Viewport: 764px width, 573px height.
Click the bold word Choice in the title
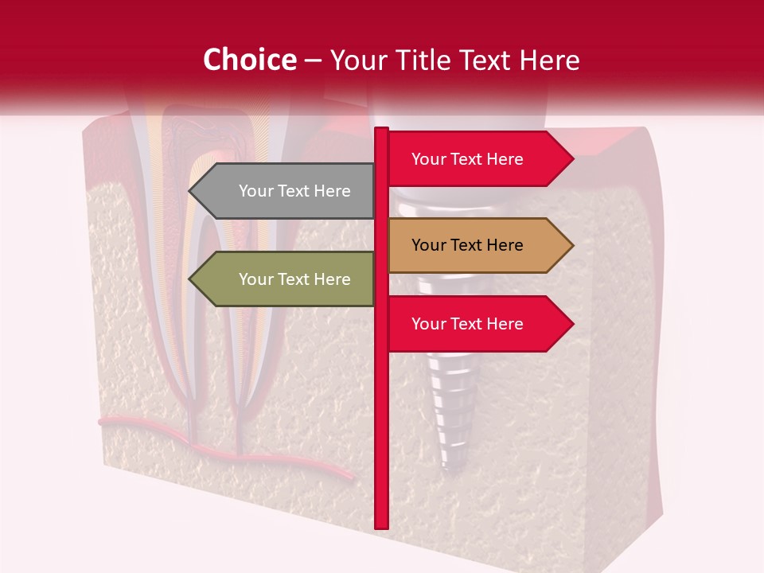(249, 60)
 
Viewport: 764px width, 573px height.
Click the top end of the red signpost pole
(381, 130)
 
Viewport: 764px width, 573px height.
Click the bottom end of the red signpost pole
(381, 526)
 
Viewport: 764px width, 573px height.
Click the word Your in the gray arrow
(255, 191)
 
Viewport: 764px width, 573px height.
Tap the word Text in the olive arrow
(294, 279)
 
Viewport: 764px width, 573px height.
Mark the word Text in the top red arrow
(466, 159)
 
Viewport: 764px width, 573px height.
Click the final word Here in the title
(548, 60)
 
